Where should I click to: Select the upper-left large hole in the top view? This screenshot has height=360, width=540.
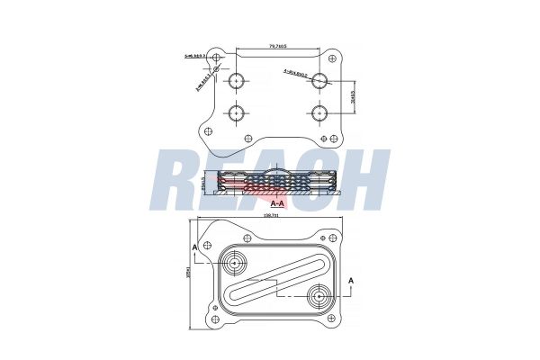[x=237, y=81]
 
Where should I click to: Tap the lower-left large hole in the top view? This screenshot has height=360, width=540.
[x=237, y=113]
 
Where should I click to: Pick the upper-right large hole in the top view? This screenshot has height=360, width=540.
[x=321, y=81]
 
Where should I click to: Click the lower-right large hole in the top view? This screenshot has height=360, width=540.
[x=321, y=113]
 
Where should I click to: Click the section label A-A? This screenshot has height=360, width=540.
[x=279, y=205]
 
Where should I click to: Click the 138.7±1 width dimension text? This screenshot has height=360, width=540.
[x=271, y=216]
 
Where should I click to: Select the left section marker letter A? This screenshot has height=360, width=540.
[x=193, y=246]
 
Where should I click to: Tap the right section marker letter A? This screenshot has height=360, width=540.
[x=352, y=282]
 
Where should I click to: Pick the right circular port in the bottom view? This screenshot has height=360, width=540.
[x=319, y=296]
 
